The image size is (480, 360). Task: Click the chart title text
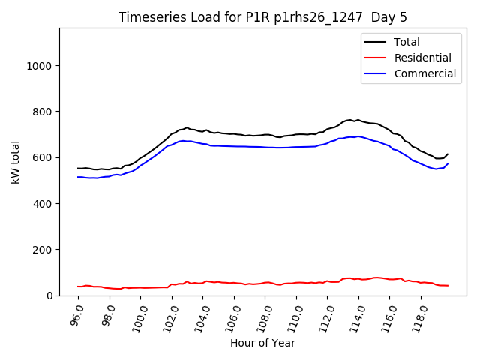tap(262, 17)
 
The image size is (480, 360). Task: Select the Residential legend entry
tap(422, 58)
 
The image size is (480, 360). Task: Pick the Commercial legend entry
tap(424, 73)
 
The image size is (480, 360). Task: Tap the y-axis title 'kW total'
tap(16, 162)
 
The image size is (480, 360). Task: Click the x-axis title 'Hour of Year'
tap(262, 343)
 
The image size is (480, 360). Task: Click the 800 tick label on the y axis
tap(41, 112)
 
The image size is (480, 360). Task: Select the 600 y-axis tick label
tap(41, 157)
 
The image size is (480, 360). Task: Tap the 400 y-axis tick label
tap(41, 203)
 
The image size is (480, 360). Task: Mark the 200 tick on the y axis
tap(41, 250)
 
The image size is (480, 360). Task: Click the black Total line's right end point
tap(448, 154)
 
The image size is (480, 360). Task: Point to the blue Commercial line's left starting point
tap(78, 177)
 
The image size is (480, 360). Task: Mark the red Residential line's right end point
tap(448, 285)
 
